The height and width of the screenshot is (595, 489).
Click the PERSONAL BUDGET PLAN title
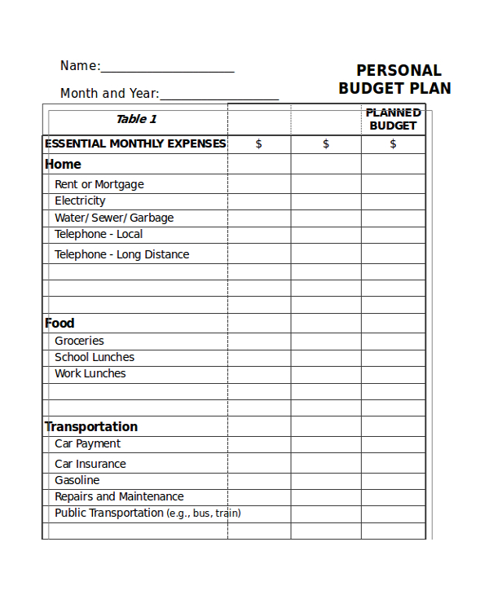(x=394, y=79)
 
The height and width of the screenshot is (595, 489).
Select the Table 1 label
(x=136, y=119)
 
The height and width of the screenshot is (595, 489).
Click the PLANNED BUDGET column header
(x=393, y=119)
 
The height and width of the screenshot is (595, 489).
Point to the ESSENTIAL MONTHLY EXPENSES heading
(x=135, y=144)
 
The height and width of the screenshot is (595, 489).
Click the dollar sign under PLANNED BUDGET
(x=393, y=144)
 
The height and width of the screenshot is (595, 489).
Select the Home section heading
(x=63, y=164)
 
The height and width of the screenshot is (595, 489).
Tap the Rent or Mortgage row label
(x=99, y=184)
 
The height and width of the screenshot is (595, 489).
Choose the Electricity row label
(x=80, y=201)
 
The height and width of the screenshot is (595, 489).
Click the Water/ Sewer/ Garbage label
(x=114, y=218)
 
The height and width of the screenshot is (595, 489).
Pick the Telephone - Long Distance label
(x=121, y=254)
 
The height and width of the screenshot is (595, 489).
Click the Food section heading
(x=59, y=323)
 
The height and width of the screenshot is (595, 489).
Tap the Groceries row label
(x=79, y=341)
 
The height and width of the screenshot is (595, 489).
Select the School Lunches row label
(x=95, y=357)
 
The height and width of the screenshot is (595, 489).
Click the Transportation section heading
(x=91, y=426)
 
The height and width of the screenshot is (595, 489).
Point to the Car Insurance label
(x=90, y=464)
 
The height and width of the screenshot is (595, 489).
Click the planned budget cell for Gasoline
(x=393, y=480)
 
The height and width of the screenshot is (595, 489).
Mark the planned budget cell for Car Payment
(x=393, y=444)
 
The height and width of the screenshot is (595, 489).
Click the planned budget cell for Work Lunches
(x=393, y=374)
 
